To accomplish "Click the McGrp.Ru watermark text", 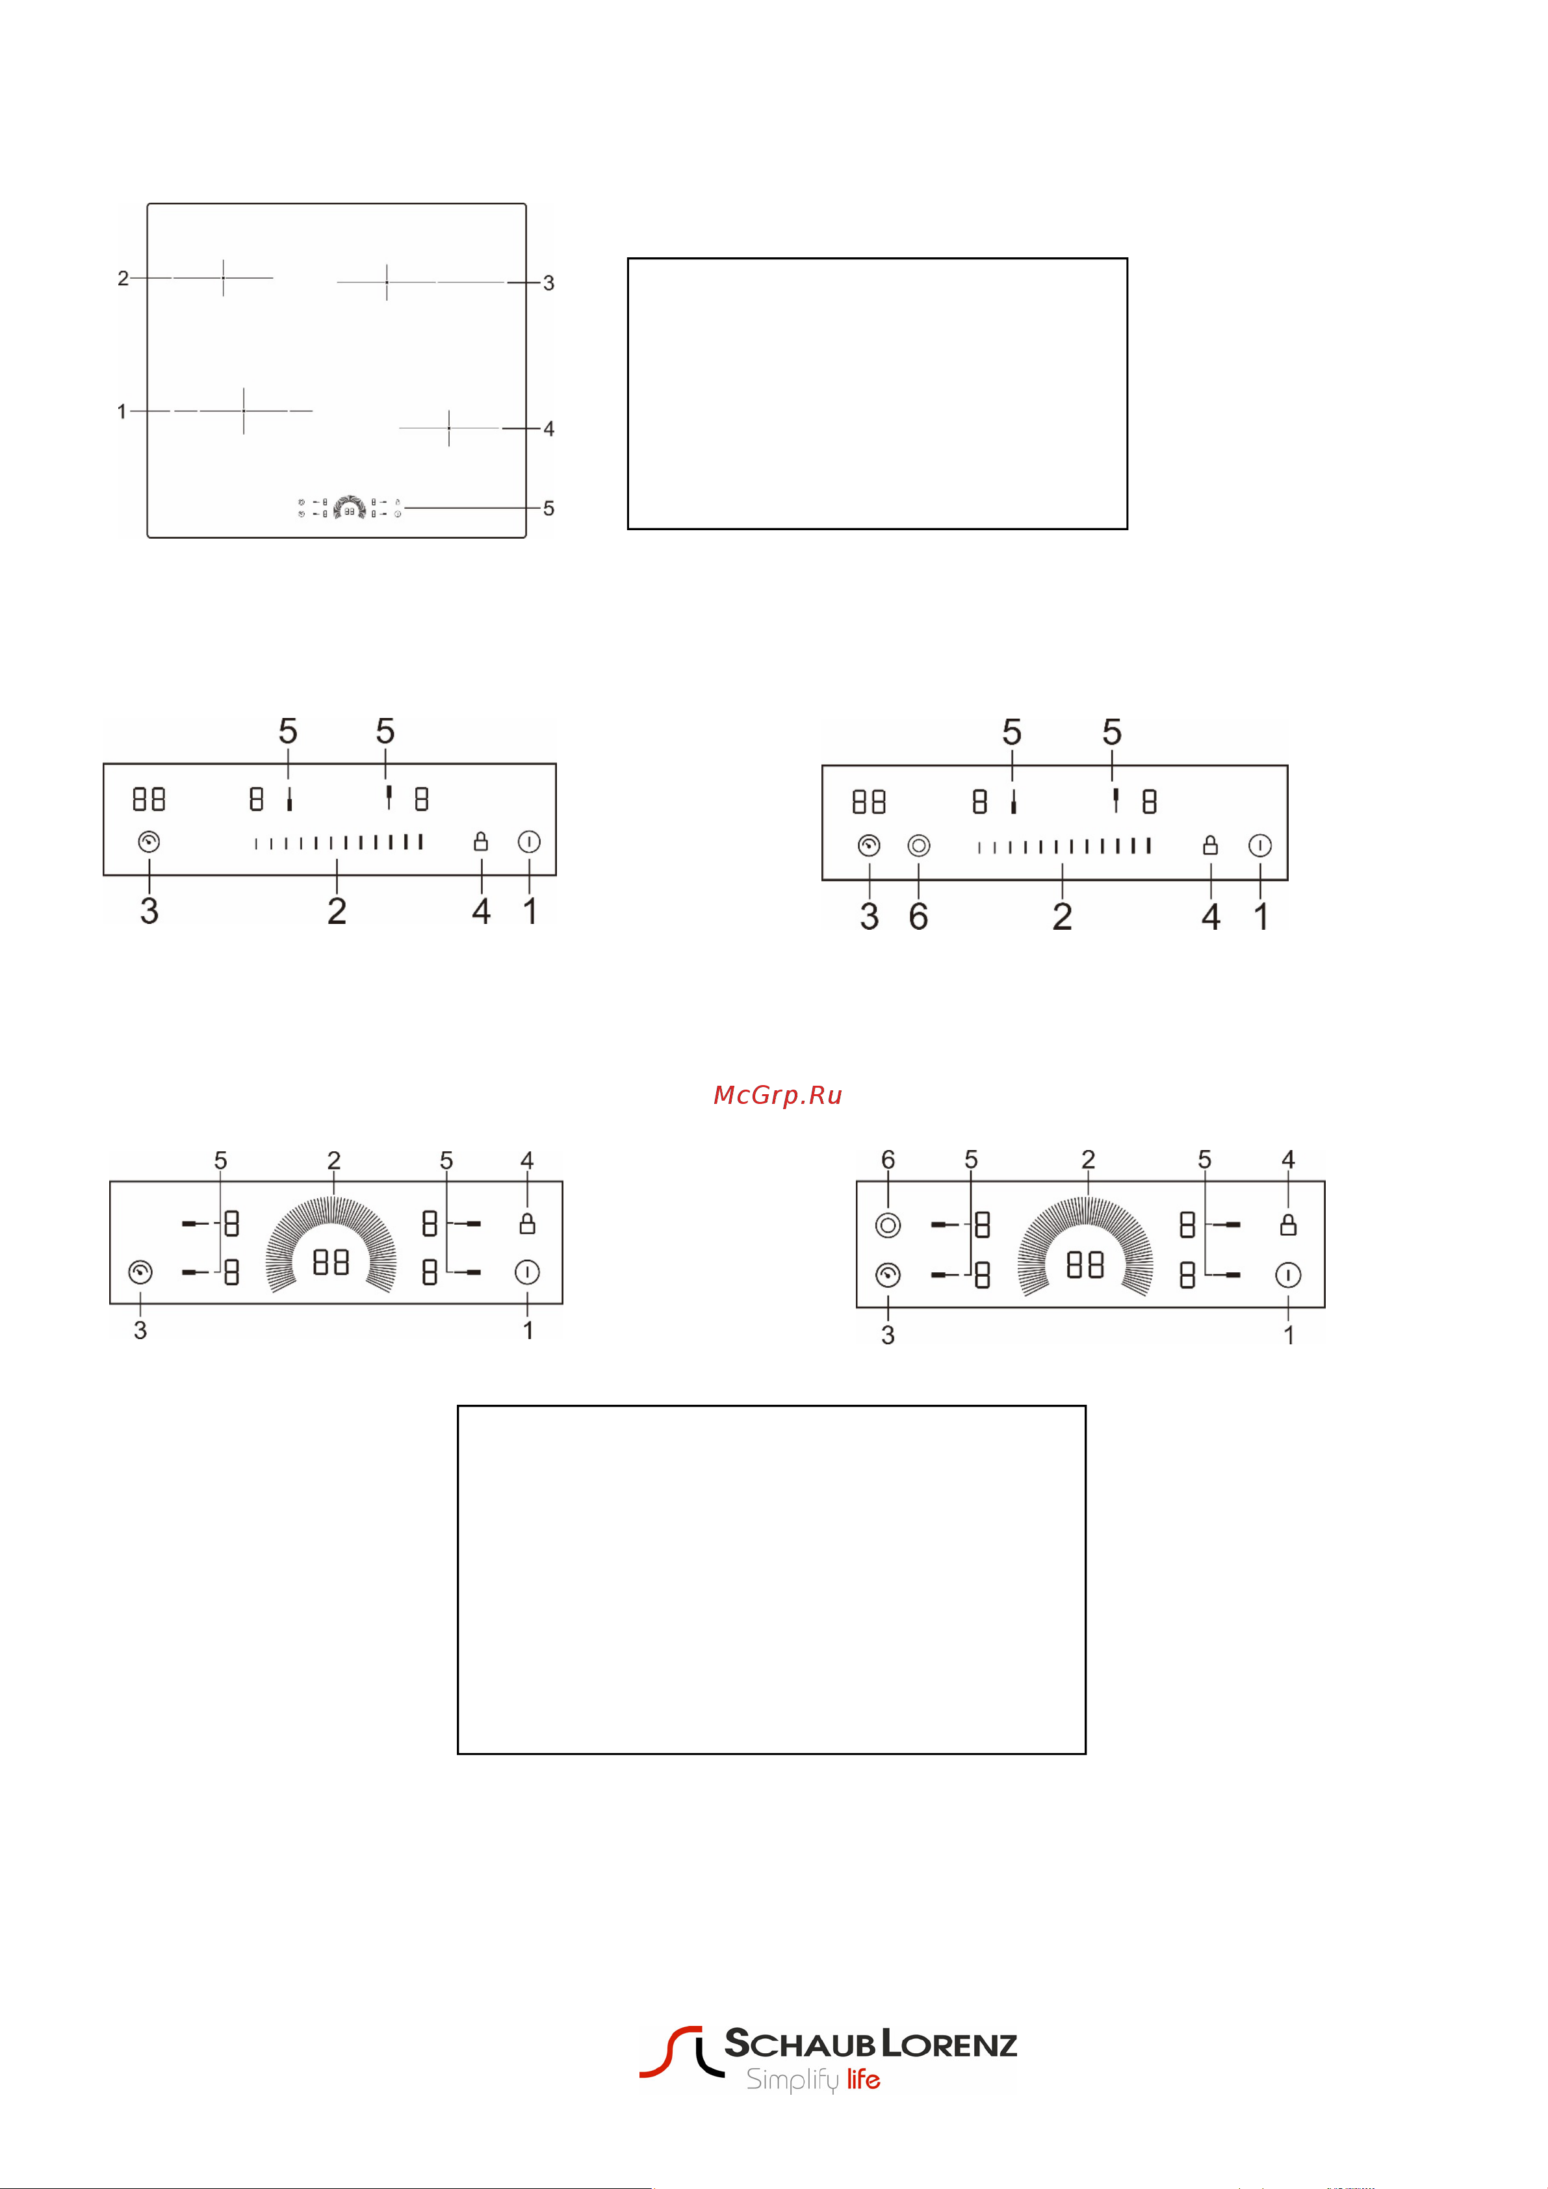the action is click(777, 1095).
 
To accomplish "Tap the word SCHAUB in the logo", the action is click(799, 2042).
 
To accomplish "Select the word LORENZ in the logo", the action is click(949, 2043).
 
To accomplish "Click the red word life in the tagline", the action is click(863, 2079).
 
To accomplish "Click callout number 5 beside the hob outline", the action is click(548, 508).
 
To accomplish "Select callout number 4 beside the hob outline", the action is click(548, 429).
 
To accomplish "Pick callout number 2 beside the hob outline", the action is click(123, 278).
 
